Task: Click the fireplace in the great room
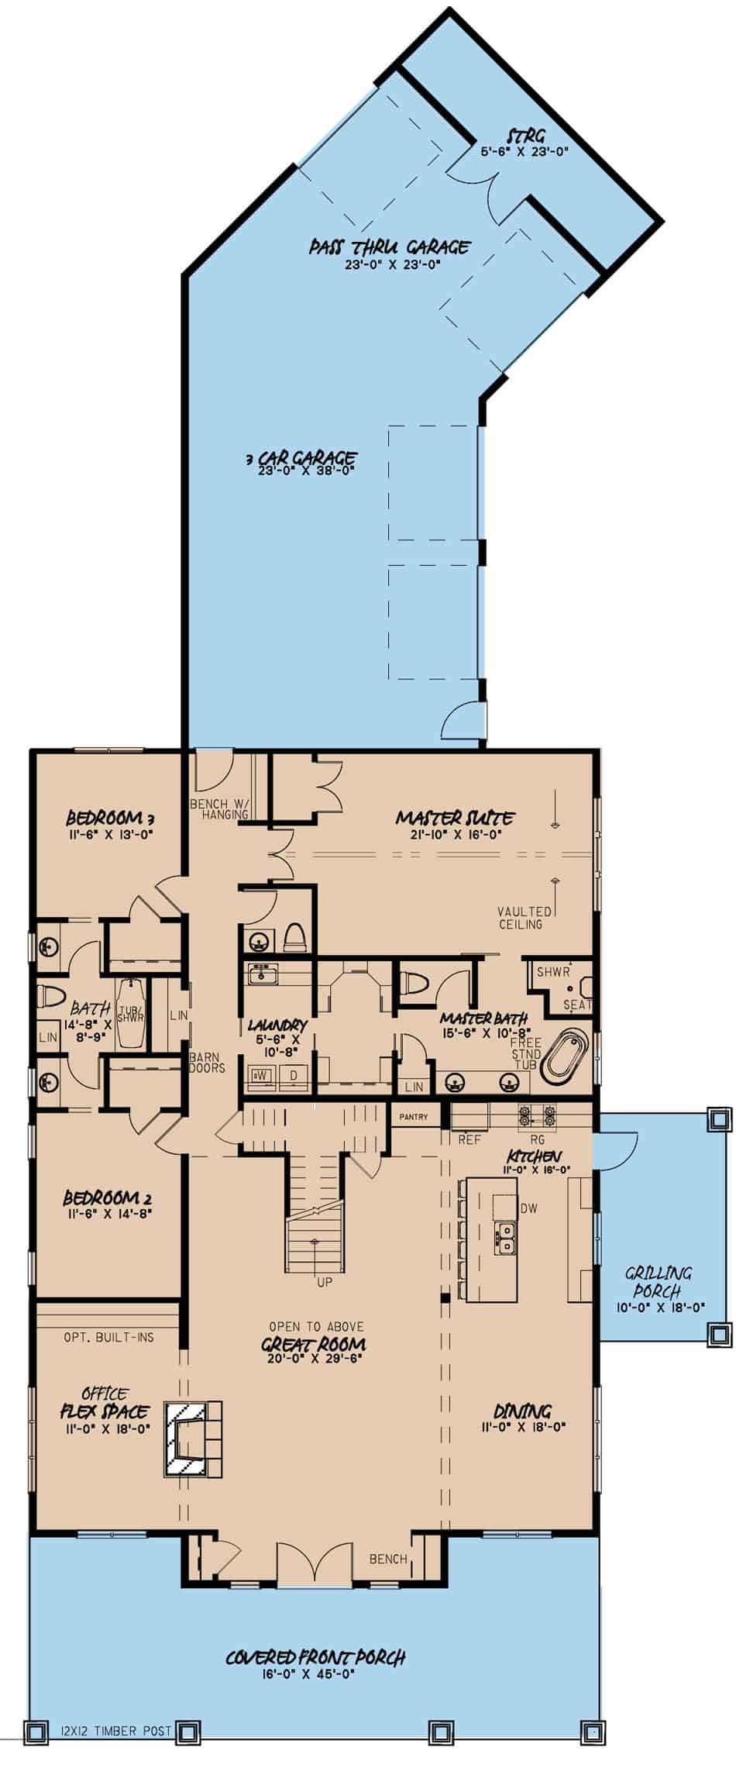pyautogui.click(x=192, y=1439)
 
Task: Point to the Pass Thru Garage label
pyautogui.click(x=389, y=247)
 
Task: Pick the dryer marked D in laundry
pyautogui.click(x=294, y=1075)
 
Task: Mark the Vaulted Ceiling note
pyautogui.click(x=524, y=918)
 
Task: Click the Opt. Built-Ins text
pyautogui.click(x=108, y=1336)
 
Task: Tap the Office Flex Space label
pyautogui.click(x=105, y=1401)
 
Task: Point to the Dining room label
pyautogui.click(x=523, y=1411)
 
